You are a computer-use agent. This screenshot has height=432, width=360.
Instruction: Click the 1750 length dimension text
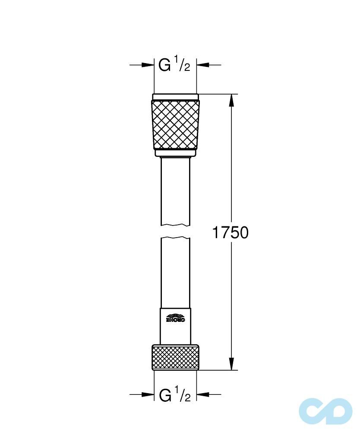[230, 233]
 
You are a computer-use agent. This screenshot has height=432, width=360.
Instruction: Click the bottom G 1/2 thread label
[174, 394]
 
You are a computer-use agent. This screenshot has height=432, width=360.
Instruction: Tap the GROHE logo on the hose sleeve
[176, 318]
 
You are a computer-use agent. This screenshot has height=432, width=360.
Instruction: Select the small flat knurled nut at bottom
[176, 357]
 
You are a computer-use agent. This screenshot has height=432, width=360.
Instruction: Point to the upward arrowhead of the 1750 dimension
[232, 100]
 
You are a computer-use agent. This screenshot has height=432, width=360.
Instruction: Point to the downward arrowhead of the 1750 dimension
[232, 364]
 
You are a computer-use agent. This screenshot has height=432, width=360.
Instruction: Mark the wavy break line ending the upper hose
[176, 225]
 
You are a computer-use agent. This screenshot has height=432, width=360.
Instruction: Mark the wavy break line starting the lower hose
[176, 238]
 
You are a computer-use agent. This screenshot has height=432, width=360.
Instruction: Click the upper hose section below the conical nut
[176, 190]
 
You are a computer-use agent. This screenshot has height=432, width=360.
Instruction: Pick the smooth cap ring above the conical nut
[176, 97]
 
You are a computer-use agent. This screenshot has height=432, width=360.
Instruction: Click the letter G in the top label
[164, 65]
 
